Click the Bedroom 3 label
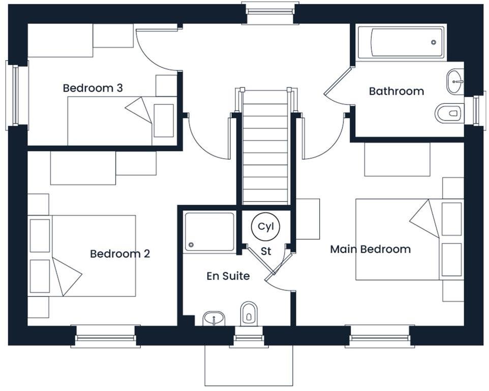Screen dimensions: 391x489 93,88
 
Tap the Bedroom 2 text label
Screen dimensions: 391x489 120,254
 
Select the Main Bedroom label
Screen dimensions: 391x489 370,249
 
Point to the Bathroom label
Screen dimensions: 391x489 396,92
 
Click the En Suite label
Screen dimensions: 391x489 228,276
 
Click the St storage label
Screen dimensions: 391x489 266,251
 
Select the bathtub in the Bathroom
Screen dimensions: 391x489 401,43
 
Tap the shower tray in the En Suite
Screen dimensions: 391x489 210,232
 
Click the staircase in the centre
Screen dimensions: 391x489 265,147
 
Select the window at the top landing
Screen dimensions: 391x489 270,13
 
